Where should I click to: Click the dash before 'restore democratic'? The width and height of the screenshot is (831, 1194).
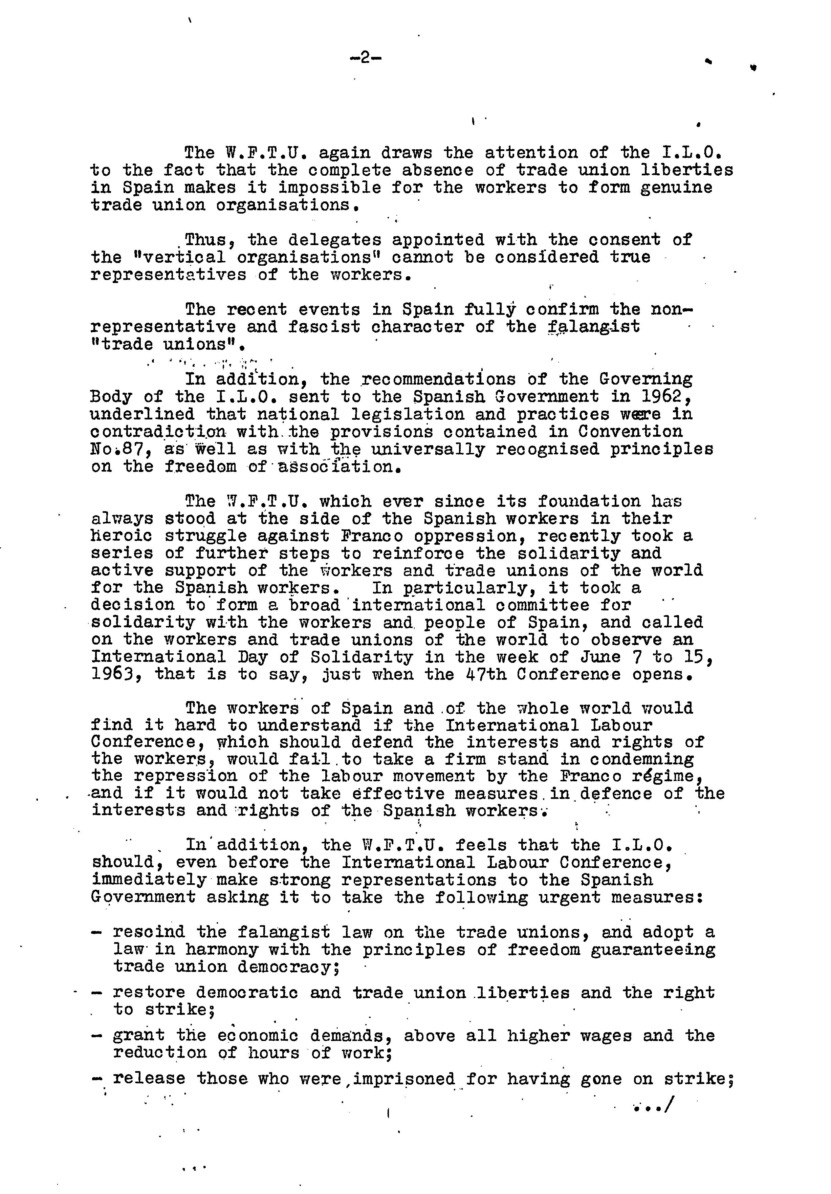coord(96,993)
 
